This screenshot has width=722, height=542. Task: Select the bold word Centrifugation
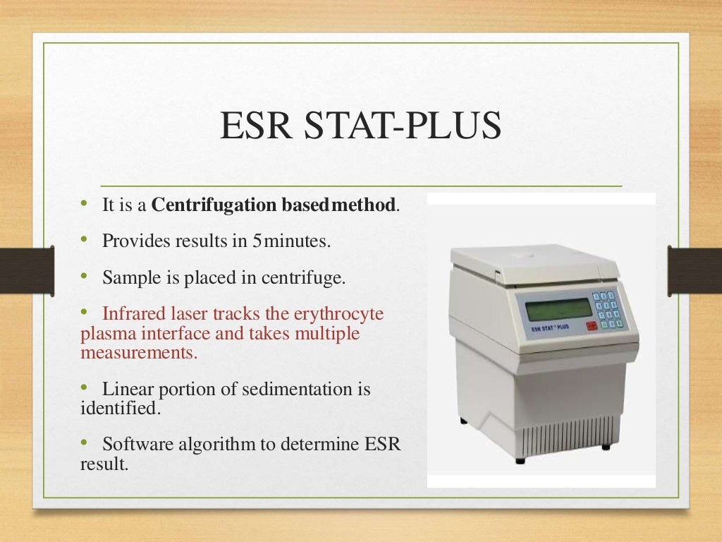tap(215, 205)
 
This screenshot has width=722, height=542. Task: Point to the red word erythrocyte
tap(343, 313)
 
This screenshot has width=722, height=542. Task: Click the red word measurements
tap(138, 352)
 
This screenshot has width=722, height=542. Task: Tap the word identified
tap(109, 407)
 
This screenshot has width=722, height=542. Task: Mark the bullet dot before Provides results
tap(84, 239)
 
